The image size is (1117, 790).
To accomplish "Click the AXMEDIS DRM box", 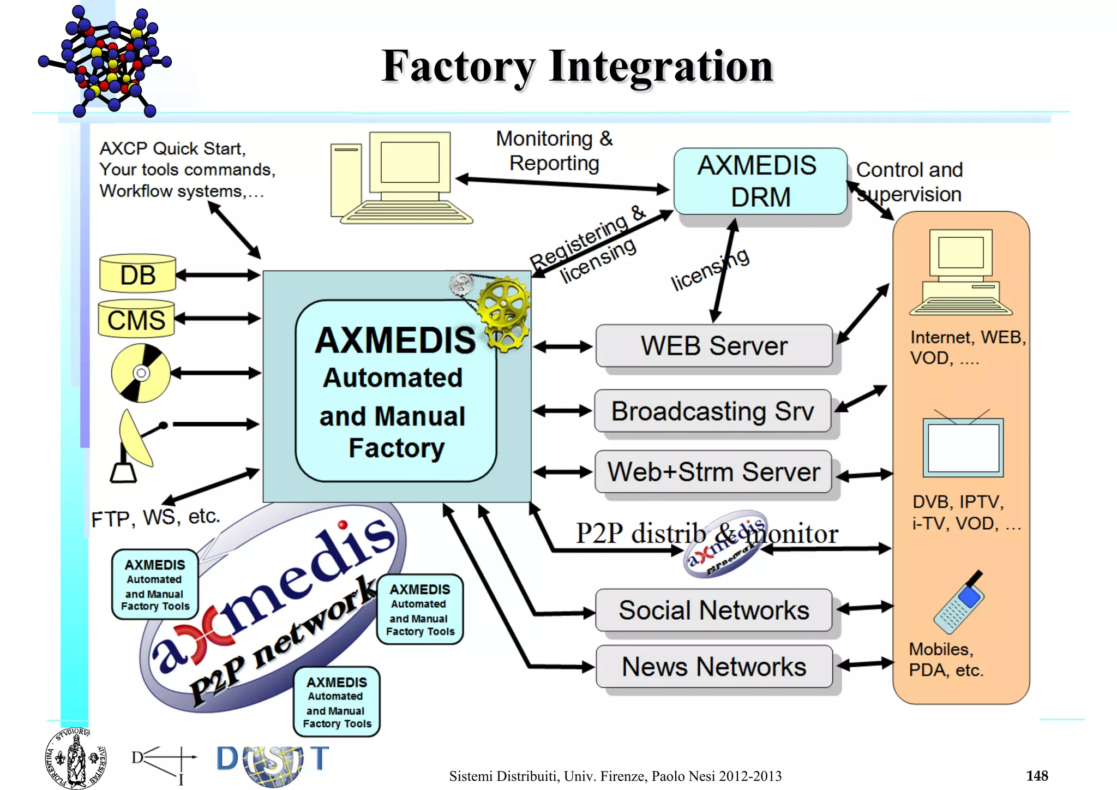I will pos(760,181).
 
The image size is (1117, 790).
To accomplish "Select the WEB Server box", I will pos(713,346).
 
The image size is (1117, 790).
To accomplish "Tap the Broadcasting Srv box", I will pos(712,411).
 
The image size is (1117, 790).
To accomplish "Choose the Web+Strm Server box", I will pos(713,472).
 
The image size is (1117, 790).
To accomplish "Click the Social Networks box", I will pos(713,610).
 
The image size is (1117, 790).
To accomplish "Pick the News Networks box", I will pos(713,667).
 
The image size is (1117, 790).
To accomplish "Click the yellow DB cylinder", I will pos(137,274).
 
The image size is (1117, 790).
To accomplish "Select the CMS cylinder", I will pos(136,319).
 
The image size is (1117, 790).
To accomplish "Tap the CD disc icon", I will pos(141,373).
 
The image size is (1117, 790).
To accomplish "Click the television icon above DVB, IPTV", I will pos(963,447).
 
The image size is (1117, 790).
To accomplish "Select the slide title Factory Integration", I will pos(577,67).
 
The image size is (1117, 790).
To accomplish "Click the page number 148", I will pos(1036,775).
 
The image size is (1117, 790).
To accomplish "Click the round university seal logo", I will pos(75,758).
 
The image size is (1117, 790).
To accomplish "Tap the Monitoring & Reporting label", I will pos(554,151).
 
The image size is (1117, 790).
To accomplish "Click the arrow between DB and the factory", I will pos(218,275).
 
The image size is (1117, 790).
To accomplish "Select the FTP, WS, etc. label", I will pos(155,517).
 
